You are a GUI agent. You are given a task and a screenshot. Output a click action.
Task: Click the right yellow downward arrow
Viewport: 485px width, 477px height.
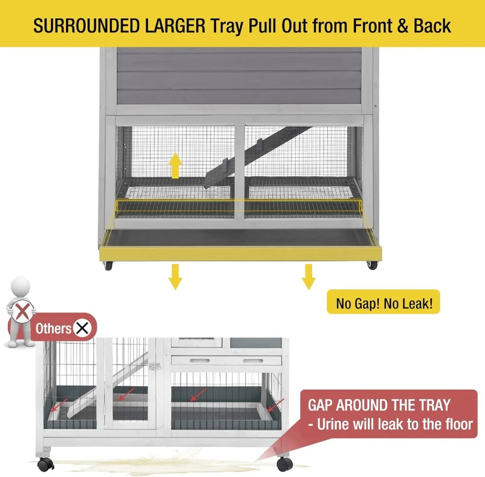tap(308, 277)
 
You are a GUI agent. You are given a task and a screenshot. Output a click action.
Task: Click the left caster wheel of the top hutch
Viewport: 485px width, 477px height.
tap(107, 266)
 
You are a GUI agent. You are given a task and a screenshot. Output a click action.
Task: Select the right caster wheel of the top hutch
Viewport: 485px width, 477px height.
tap(372, 265)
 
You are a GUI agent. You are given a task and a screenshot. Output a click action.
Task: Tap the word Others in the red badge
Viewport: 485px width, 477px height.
tap(53, 329)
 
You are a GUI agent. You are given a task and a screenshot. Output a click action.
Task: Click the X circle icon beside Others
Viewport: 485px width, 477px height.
tap(83, 329)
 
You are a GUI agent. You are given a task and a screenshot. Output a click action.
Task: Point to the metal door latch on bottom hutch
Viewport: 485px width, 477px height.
tap(155, 366)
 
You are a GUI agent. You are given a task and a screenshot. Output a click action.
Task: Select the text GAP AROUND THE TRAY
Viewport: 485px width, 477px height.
tap(379, 405)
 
